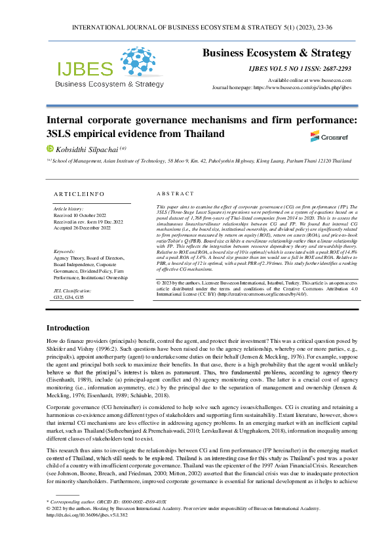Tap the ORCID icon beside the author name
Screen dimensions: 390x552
pyautogui.click(x=49, y=149)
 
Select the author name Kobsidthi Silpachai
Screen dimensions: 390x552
pyautogui.click(x=83, y=149)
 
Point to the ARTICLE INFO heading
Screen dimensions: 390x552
pyautogui.click(x=78, y=194)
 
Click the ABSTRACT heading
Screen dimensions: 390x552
pyautogui.click(x=176, y=194)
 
